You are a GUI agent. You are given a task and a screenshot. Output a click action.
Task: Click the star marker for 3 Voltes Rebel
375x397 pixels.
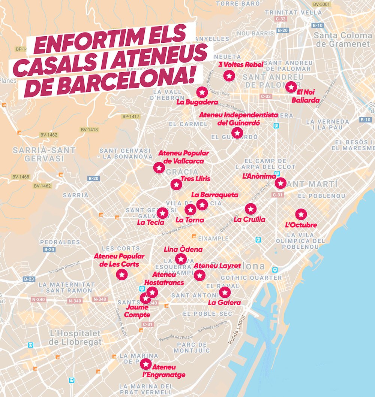[229, 76]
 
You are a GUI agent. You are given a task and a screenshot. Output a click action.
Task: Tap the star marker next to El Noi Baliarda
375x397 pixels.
[291, 87]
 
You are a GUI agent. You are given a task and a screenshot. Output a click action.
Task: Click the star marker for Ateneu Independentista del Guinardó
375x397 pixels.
[237, 133]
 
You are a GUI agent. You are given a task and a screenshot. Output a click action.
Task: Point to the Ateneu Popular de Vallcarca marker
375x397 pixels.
[159, 168]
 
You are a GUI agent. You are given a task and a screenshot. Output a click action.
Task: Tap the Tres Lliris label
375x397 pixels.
[195, 179]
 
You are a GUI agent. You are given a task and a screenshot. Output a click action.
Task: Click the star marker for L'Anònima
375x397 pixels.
[280, 183]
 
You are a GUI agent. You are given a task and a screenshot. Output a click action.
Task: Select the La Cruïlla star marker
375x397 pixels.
[250, 209]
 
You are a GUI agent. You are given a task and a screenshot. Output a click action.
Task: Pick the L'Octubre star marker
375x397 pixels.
[301, 214]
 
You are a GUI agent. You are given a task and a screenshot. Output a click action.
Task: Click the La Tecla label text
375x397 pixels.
[150, 222]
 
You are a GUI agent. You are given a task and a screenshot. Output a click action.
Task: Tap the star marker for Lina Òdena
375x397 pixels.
[181, 258]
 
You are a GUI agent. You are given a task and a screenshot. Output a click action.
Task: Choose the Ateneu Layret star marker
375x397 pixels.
[199, 275]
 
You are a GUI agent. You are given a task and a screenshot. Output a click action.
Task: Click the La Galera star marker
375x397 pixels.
[224, 292]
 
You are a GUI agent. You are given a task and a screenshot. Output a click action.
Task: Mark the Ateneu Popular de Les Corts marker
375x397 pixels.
[122, 275]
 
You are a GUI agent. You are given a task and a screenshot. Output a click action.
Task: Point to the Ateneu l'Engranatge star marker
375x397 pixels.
[145, 363]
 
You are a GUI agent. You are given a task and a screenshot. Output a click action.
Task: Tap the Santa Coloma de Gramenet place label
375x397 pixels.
[343, 40]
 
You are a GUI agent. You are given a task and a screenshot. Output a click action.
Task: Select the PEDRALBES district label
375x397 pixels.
[60, 242]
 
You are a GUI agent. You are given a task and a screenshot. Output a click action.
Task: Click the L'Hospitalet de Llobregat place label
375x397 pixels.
[76, 337]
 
